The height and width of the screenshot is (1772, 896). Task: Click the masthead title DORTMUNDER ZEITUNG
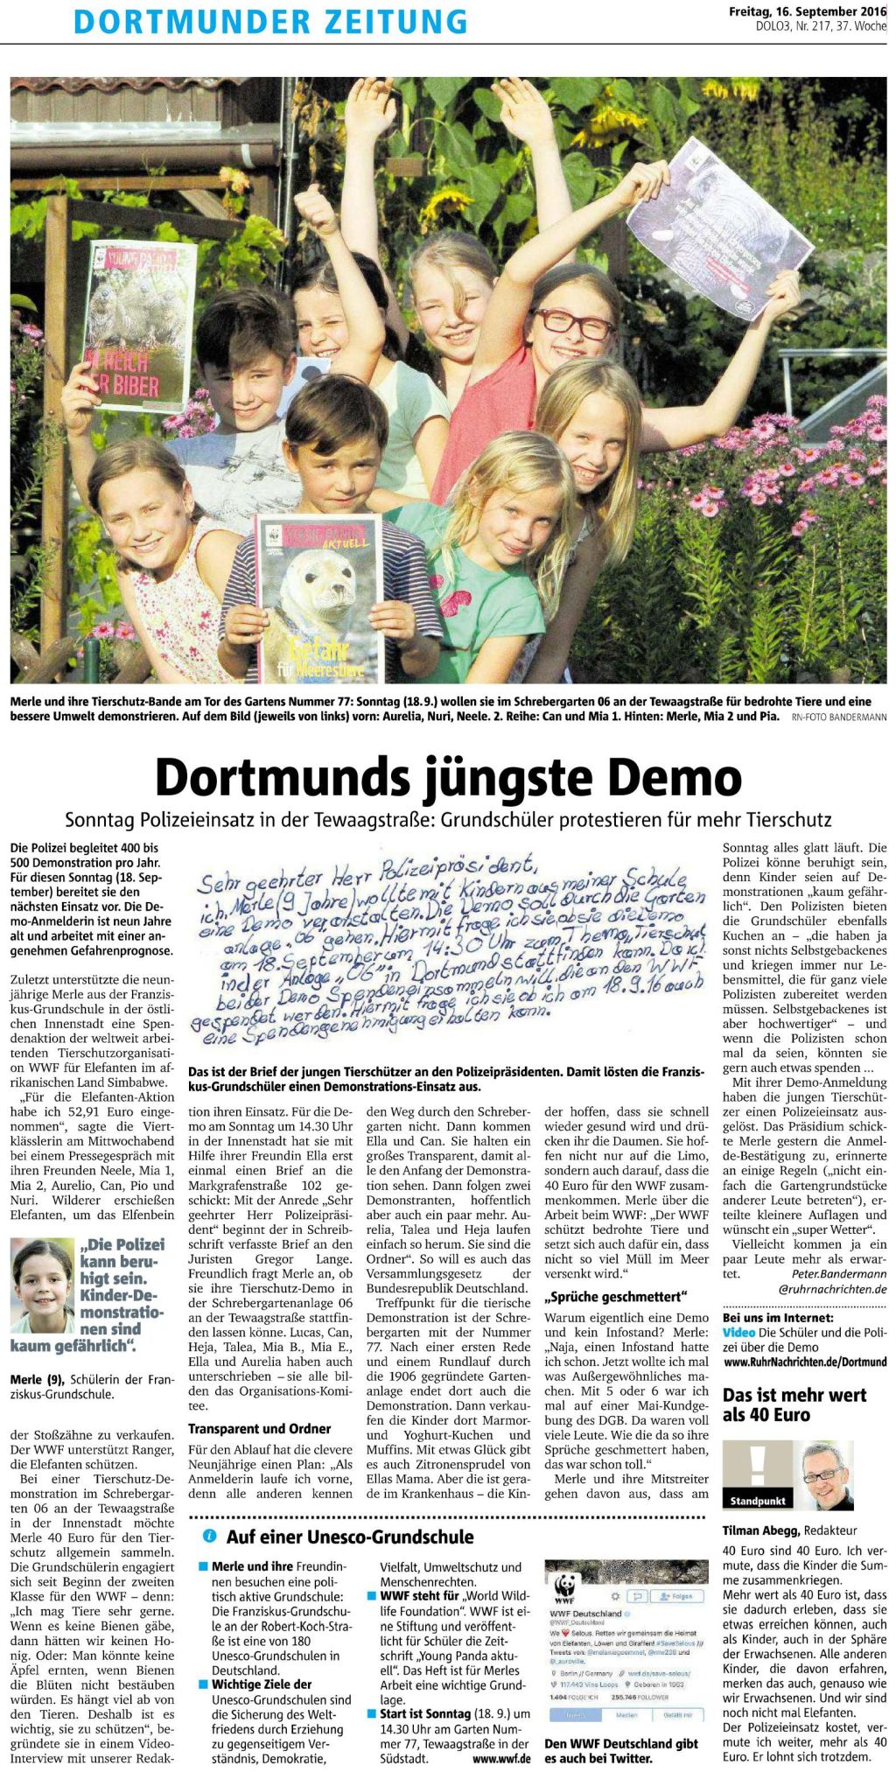[270, 21]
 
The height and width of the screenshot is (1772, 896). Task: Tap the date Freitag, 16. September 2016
[808, 12]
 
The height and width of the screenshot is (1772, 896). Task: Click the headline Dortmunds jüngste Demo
[448, 776]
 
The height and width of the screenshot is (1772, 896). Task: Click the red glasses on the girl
[574, 324]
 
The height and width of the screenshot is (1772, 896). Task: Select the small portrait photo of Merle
[41, 1285]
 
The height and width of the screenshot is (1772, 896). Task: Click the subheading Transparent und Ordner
[260, 1429]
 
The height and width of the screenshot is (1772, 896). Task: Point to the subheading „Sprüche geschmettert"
[616, 1296]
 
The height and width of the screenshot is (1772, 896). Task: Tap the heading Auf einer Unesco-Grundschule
[350, 1537]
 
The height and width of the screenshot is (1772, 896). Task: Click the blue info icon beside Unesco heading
[210, 1537]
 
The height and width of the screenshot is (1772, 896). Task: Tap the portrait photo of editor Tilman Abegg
[825, 1474]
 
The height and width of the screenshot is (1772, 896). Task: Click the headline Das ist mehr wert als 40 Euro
[794, 1404]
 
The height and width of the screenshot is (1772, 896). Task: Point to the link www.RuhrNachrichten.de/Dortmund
[805, 1362]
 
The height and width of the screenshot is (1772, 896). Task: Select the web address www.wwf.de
[501, 1758]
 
